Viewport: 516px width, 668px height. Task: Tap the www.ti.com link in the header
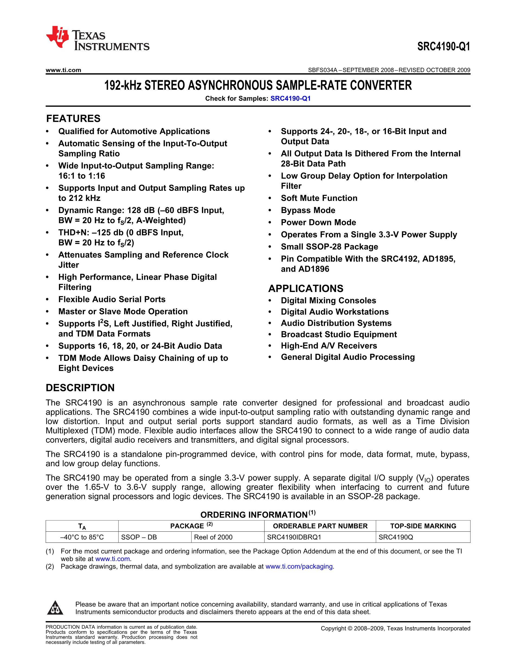pos(63,70)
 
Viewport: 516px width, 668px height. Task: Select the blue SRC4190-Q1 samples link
pos(291,98)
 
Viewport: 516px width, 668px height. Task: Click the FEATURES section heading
pos(73,119)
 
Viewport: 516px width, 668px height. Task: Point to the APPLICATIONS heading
pos(306,288)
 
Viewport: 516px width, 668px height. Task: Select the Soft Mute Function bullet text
pos(319,198)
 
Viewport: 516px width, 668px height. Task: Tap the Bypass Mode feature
pos(308,210)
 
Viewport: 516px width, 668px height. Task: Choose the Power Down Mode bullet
pos(318,222)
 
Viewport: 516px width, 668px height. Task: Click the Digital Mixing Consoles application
pos(328,301)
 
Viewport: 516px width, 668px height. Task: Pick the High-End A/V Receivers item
pos(329,346)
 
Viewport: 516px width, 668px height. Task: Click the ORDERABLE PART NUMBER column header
pos(320,526)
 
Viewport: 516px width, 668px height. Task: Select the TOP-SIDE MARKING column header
pos(423,526)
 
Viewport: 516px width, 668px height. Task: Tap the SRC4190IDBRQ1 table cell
pos(294,537)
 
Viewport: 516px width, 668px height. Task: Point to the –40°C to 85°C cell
pos(82,537)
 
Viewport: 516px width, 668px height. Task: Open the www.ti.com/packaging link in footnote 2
pos(299,566)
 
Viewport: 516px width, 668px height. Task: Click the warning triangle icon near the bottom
pos(55,608)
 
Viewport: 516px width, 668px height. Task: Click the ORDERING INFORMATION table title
pos(258,515)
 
